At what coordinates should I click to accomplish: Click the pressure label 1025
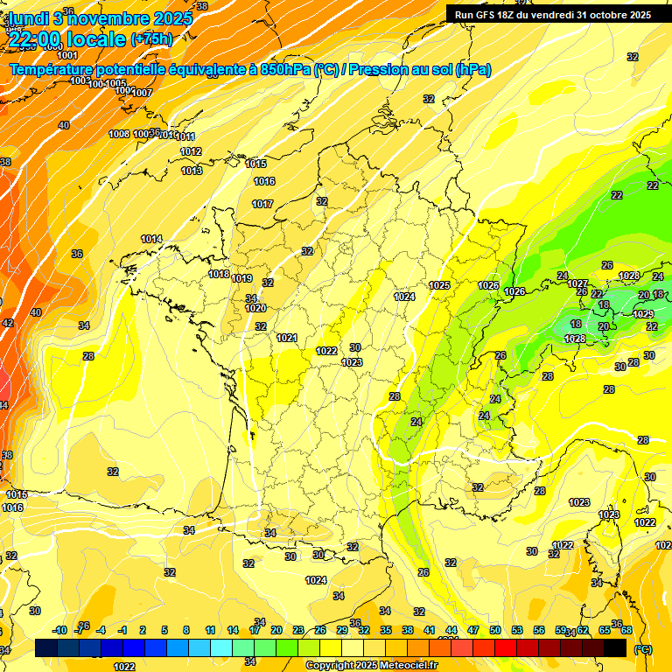(x=439, y=285)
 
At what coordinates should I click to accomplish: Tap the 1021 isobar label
(x=287, y=338)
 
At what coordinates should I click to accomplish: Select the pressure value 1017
(x=263, y=204)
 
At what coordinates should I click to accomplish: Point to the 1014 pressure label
(x=151, y=239)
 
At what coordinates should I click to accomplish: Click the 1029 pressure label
(x=643, y=314)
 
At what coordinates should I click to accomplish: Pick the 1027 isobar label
(x=577, y=283)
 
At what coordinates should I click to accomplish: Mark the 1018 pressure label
(x=219, y=274)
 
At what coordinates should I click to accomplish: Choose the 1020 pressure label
(x=255, y=308)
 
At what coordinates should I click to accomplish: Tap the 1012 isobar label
(x=191, y=151)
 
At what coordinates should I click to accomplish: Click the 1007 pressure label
(x=143, y=93)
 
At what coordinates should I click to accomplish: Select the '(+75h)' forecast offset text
(x=151, y=39)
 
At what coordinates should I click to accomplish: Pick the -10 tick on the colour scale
(x=59, y=630)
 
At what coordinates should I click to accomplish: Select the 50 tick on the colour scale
(x=495, y=630)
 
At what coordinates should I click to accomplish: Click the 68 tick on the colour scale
(x=627, y=630)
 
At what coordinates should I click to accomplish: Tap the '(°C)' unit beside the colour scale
(x=643, y=649)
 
